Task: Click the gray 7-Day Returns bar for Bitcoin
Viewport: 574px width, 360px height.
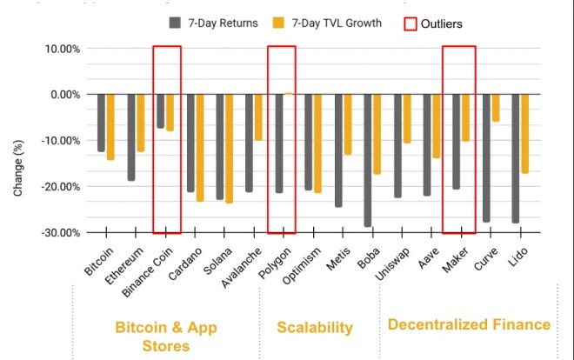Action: tap(102, 123)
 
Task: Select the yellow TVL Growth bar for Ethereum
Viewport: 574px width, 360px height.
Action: tap(140, 123)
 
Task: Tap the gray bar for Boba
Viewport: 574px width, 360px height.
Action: tap(368, 160)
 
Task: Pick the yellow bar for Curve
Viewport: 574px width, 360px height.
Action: tap(496, 108)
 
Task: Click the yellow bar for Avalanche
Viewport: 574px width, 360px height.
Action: tap(257, 117)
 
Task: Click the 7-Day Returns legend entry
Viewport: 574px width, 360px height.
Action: tap(213, 23)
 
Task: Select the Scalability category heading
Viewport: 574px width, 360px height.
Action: tap(315, 328)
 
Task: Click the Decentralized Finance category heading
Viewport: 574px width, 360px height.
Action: tap(469, 324)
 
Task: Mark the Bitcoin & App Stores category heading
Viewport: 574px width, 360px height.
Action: tap(165, 337)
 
